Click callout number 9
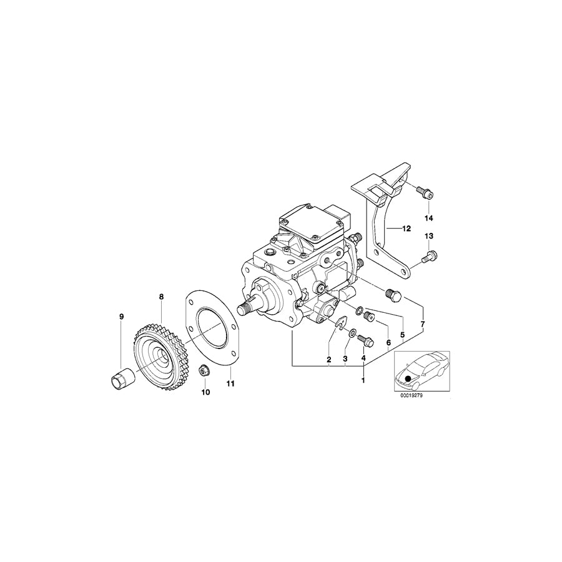click(122, 317)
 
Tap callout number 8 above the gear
click(161, 297)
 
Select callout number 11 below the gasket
click(230, 383)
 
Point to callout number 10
click(205, 392)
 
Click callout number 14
click(428, 217)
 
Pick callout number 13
click(428, 235)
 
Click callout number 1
click(363, 379)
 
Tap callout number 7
click(423, 325)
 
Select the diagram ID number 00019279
click(418, 395)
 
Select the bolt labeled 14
click(426, 194)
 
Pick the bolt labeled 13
click(430, 255)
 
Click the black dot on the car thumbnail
click(408, 378)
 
